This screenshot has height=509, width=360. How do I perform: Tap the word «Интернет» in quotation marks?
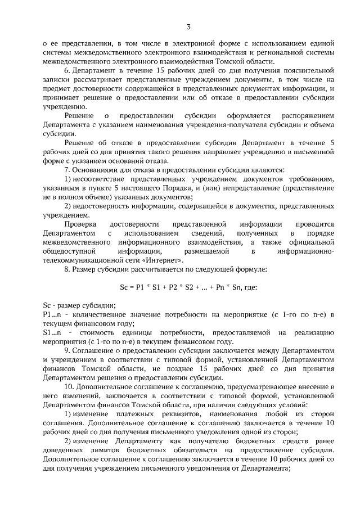(164, 261)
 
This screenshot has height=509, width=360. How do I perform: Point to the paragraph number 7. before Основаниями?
(66, 170)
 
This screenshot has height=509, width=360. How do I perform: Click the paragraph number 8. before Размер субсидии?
(66, 270)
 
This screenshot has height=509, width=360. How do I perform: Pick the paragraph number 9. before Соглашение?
(66, 349)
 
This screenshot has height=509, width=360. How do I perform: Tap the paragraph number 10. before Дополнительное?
(67, 388)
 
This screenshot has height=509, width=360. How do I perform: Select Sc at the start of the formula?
(124, 287)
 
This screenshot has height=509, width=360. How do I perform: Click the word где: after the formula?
(249, 287)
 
